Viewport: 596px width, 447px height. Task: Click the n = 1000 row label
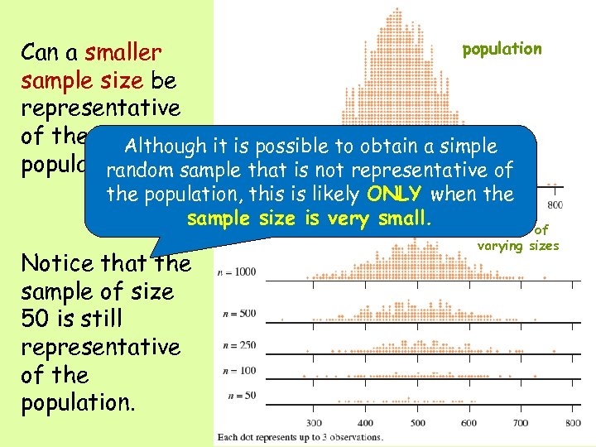(x=237, y=272)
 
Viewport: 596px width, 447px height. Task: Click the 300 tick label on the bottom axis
(x=314, y=423)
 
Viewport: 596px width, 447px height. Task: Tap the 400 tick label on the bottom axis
(x=365, y=423)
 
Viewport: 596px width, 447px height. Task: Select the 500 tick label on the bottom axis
(x=417, y=423)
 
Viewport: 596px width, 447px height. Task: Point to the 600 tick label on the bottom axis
(x=469, y=423)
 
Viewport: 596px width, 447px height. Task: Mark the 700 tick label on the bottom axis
(x=521, y=423)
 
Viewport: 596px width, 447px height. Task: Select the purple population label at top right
(x=502, y=49)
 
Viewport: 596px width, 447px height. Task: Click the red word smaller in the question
(x=123, y=53)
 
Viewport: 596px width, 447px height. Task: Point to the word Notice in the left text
(x=55, y=263)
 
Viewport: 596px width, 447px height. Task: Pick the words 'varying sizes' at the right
(x=518, y=245)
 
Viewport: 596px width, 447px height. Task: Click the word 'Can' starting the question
(x=39, y=53)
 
